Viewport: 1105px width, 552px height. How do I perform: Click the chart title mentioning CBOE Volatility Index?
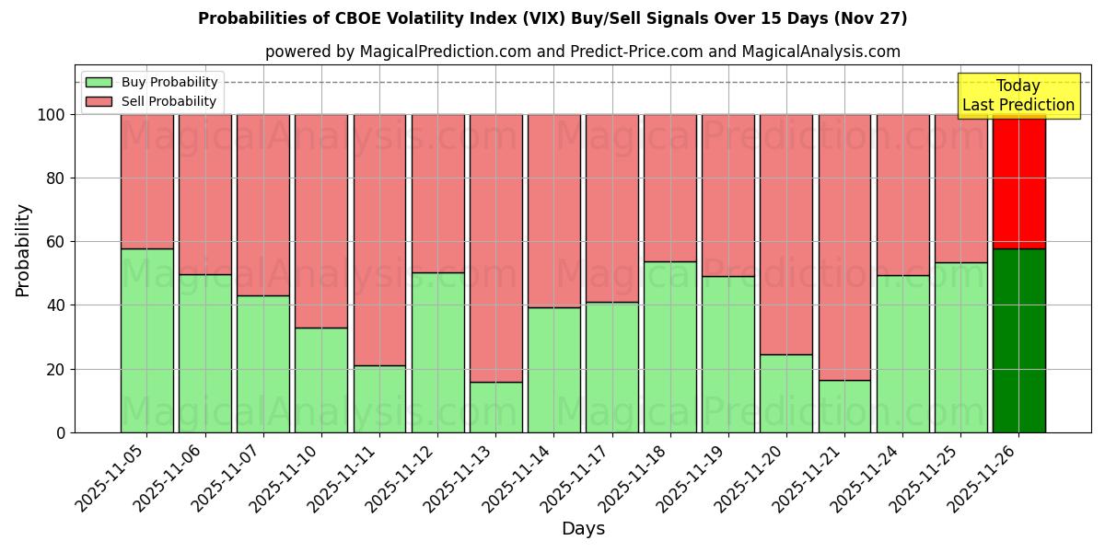[x=552, y=18]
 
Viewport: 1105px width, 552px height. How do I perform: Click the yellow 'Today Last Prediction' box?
[x=1018, y=96]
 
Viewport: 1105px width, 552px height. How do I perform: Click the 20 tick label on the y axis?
[x=56, y=369]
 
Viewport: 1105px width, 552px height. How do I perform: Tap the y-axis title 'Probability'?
[x=23, y=249]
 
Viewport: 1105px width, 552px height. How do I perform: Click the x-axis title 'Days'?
[x=583, y=529]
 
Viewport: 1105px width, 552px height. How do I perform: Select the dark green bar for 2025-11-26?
[x=1018, y=340]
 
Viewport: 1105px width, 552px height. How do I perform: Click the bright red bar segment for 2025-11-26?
[x=1018, y=181]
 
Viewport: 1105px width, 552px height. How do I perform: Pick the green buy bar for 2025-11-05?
[x=146, y=340]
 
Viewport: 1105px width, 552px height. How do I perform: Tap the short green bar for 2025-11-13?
[x=495, y=407]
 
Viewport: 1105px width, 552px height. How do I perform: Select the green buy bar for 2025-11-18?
[x=669, y=347]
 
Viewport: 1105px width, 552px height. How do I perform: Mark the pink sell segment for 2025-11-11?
[x=379, y=239]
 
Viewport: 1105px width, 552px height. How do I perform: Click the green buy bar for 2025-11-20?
[x=786, y=393]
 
